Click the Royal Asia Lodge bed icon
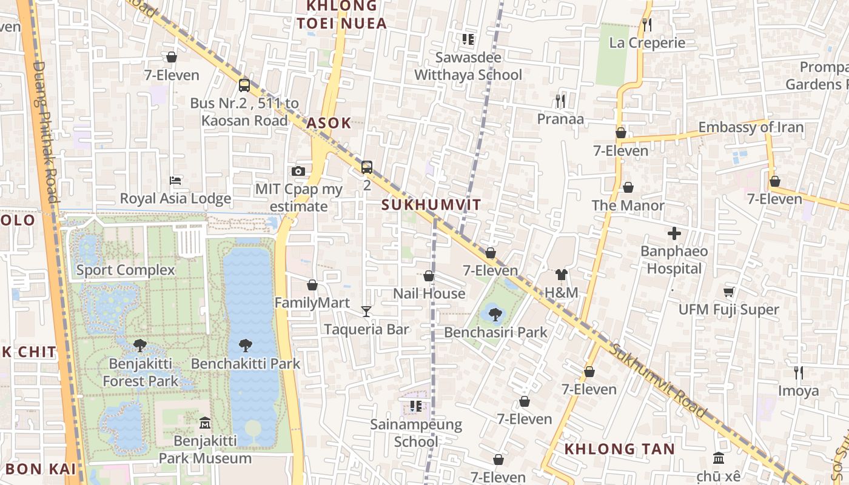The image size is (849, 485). [x=175, y=181]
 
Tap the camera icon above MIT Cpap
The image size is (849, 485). [x=298, y=171]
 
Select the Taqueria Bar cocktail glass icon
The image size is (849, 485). [x=366, y=312]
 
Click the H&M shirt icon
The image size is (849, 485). [x=561, y=275]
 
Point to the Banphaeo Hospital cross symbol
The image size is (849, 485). [x=674, y=233]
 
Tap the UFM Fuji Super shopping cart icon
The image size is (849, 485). [x=729, y=292]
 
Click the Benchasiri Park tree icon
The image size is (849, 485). [x=495, y=314]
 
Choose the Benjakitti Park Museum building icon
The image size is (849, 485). [x=205, y=423]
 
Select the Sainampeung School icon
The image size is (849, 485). [x=415, y=406]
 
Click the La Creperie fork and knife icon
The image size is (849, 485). [x=647, y=25]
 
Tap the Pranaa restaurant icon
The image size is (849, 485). [x=560, y=101]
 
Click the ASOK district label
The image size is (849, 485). [x=329, y=123]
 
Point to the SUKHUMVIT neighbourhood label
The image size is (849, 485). [x=431, y=205]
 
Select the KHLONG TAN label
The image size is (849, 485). [x=619, y=449]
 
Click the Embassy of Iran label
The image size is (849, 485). [x=751, y=127]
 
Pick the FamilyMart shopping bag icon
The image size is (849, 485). [x=312, y=285]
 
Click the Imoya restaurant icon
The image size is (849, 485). [x=799, y=373]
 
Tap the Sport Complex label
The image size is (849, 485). [x=126, y=270]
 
